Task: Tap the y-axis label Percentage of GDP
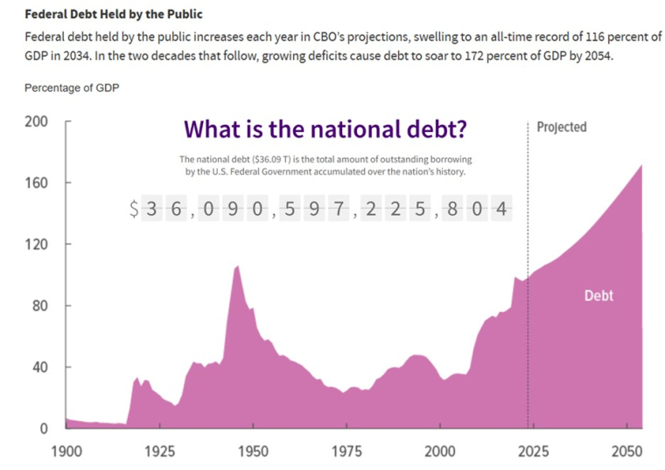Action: [x=72, y=88]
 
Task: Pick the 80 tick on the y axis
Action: [x=38, y=306]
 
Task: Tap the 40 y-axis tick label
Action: [x=38, y=367]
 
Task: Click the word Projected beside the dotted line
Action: [x=561, y=128]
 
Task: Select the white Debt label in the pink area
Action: [x=598, y=296]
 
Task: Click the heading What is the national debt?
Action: [x=325, y=129]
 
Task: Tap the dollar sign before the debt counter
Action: [x=134, y=209]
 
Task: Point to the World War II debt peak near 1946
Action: [x=237, y=266]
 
